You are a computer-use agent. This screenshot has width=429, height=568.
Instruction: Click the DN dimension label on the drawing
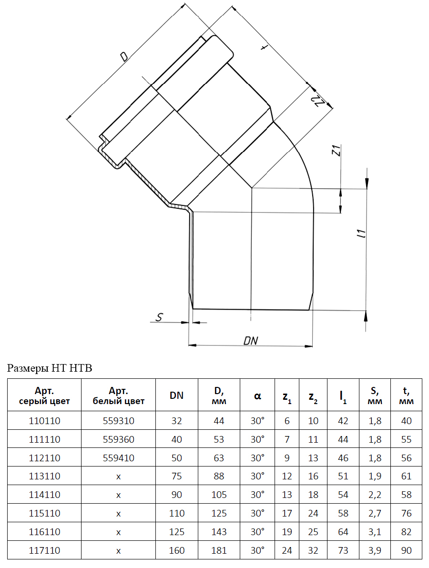(x=251, y=340)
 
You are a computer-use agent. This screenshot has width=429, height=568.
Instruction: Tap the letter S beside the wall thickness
(x=160, y=317)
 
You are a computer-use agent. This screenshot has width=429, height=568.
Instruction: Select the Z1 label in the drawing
(x=336, y=152)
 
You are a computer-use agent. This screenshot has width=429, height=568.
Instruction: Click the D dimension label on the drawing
(x=123, y=57)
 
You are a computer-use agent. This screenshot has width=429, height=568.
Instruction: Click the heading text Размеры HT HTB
(x=49, y=368)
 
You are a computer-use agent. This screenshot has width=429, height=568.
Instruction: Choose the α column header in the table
(x=257, y=396)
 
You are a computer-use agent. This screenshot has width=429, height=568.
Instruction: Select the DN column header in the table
(x=176, y=396)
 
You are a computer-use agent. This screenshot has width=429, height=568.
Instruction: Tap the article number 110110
(x=44, y=421)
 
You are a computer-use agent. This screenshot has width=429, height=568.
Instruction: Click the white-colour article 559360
(x=119, y=439)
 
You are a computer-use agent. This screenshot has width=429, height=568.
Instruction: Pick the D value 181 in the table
(x=219, y=550)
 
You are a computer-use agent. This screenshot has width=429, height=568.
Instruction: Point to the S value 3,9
(x=375, y=550)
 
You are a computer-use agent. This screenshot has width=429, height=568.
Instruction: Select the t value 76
(x=406, y=513)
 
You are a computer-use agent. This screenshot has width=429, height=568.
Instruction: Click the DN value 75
(x=176, y=476)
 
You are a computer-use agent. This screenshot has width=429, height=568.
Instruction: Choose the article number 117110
(x=44, y=550)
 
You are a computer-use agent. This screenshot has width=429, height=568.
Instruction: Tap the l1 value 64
(x=343, y=532)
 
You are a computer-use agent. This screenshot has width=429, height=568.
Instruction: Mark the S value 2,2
(x=375, y=495)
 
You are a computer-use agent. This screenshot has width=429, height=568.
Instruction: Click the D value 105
(x=219, y=495)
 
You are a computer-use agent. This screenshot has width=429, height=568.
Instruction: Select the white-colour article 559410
(x=119, y=458)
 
